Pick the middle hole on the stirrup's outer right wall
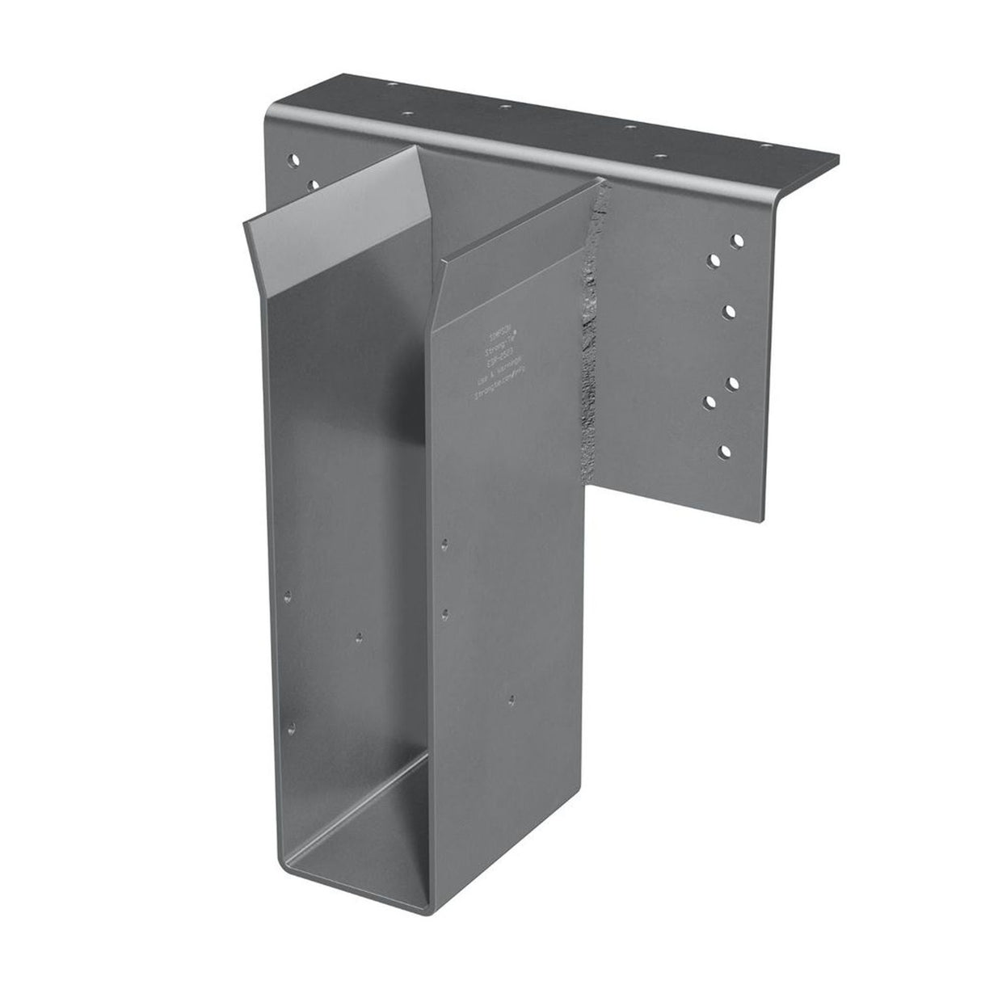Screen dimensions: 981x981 tap(443, 612)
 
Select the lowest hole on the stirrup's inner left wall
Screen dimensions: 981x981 tap(293, 706)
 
